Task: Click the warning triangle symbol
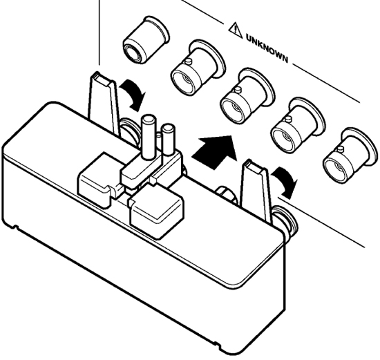coord(236,30)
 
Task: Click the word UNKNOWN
coord(267,48)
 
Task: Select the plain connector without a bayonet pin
coord(146,39)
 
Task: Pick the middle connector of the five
coord(247,97)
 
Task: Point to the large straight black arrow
coord(214,152)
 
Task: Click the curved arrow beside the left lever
coord(133,95)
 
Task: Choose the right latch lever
coord(257,190)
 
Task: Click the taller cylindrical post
coord(148,137)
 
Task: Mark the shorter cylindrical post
coord(167,140)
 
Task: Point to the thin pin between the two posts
coord(158,140)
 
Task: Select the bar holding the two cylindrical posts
coord(151,168)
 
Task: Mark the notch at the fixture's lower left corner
coord(15,227)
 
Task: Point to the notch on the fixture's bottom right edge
coord(216,343)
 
